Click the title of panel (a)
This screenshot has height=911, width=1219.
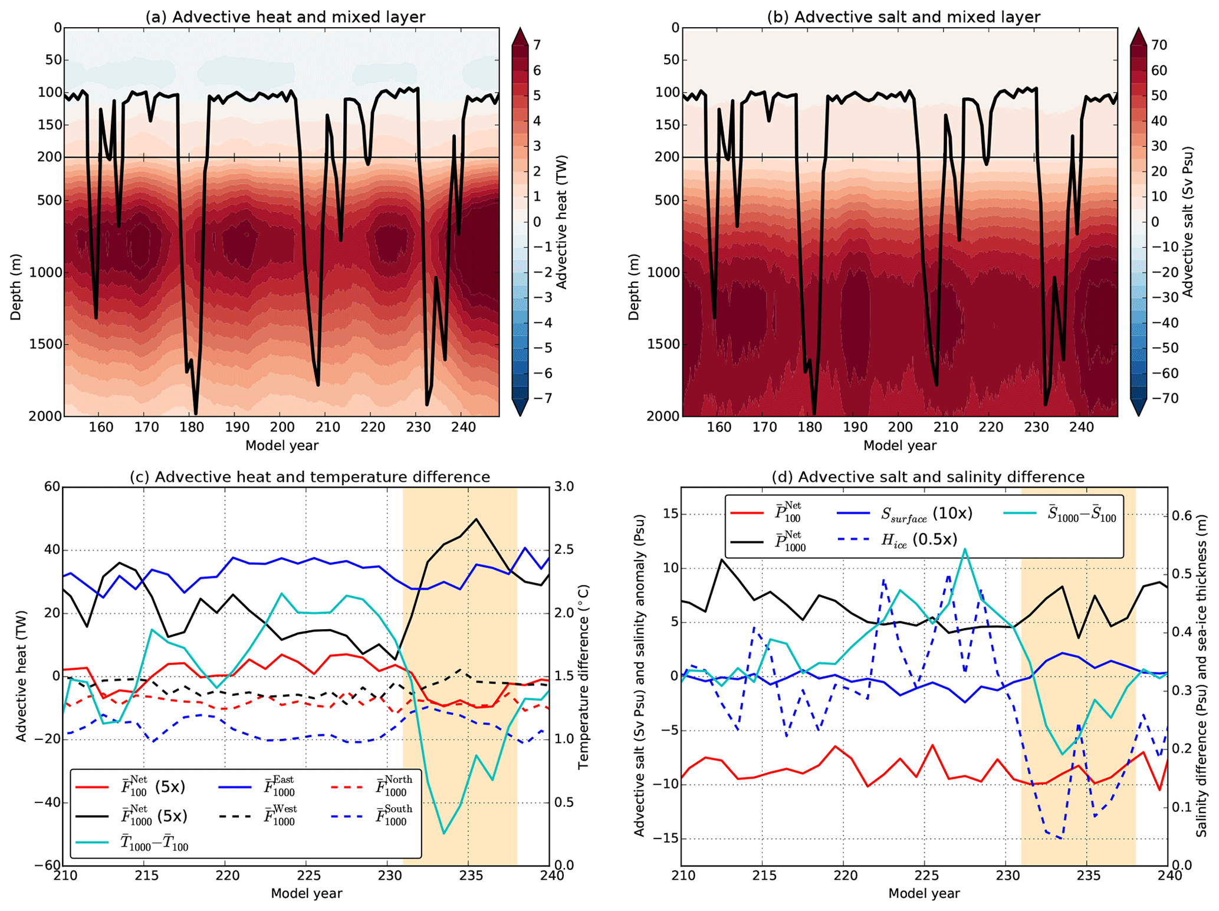pyautogui.click(x=285, y=17)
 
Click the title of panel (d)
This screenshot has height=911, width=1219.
pyautogui.click(x=928, y=476)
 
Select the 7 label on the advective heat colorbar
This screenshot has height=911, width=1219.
pyautogui.click(x=537, y=45)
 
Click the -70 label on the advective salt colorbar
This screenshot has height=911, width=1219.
pyautogui.click(x=1154, y=399)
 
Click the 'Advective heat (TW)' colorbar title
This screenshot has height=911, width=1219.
pyautogui.click(x=561, y=222)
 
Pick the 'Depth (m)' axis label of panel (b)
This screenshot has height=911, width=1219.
pyautogui.click(x=634, y=287)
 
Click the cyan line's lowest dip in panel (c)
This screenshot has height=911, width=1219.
pyautogui.click(x=444, y=833)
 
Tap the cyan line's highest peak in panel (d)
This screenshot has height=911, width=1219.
pyautogui.click(x=965, y=549)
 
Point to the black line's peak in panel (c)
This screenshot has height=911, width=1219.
pyautogui.click(x=477, y=519)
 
